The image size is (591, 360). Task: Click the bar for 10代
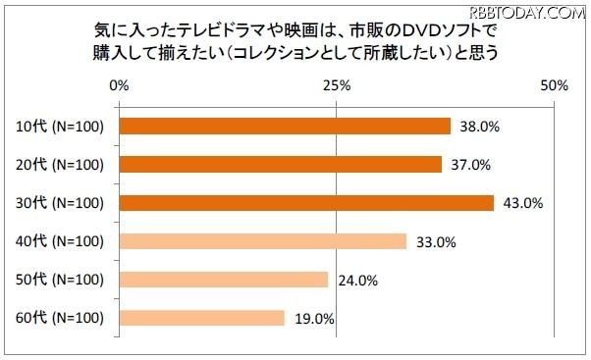click(285, 126)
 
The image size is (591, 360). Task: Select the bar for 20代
click(281, 164)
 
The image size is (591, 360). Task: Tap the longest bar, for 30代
click(306, 203)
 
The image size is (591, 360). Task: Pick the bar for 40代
click(263, 241)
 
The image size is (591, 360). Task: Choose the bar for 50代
click(224, 280)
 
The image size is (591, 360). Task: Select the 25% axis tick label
click(337, 86)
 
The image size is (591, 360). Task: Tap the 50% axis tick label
click(555, 86)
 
